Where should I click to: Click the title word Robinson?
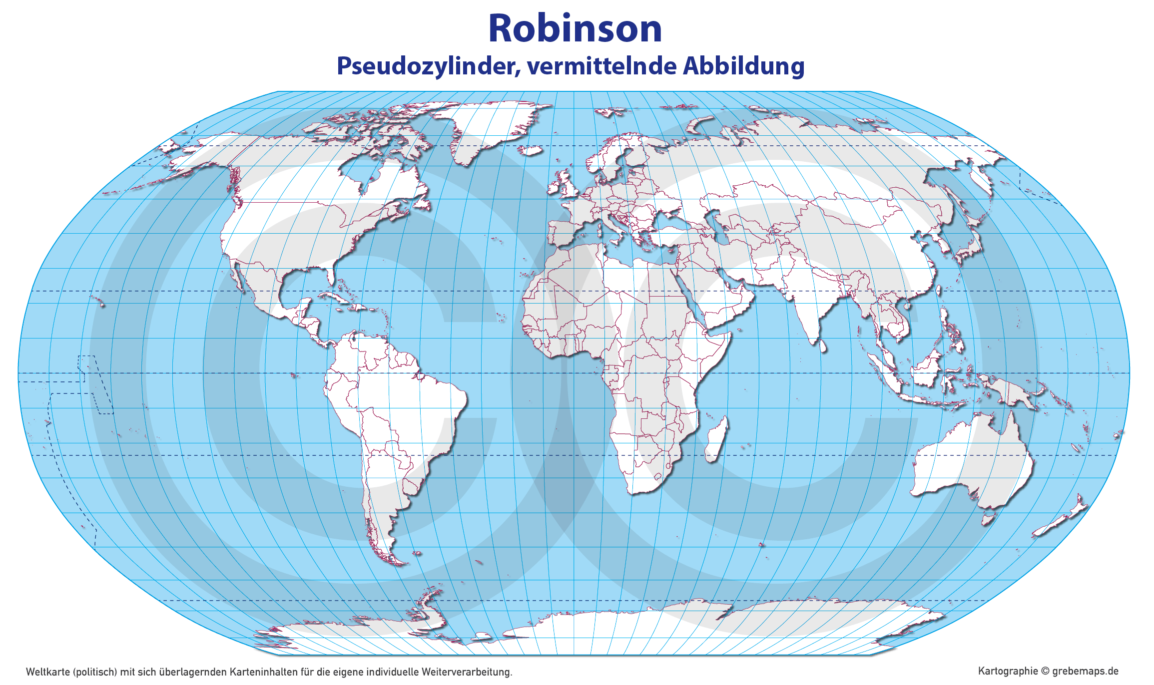pyautogui.click(x=575, y=28)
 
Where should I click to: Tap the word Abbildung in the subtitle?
pyautogui.click(x=744, y=66)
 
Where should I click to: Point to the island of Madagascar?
pyautogui.click(x=716, y=439)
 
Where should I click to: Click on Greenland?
pyautogui.click(x=490, y=130)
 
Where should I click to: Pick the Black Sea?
pyautogui.click(x=669, y=216)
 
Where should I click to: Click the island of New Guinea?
pyautogui.click(x=1009, y=392)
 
